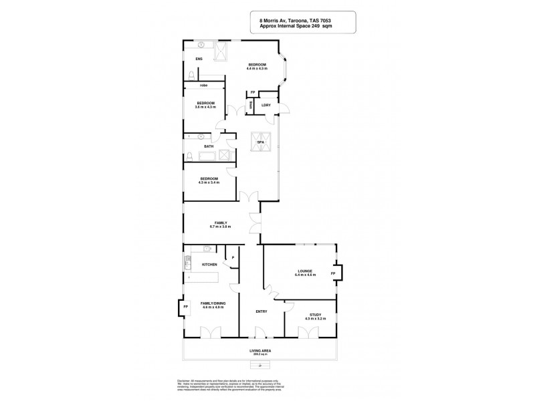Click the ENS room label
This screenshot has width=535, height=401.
(x=198, y=59)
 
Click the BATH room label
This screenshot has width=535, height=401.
(x=208, y=147)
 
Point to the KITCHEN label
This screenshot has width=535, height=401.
(x=210, y=265)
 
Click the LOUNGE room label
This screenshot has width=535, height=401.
(x=304, y=271)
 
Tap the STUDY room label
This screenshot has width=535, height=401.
(x=314, y=315)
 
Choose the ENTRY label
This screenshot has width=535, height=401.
(x=261, y=311)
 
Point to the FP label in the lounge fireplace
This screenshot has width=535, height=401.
(x=332, y=274)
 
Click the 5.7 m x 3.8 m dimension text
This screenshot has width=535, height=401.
(x=221, y=227)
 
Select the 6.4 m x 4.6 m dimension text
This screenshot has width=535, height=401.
(x=304, y=275)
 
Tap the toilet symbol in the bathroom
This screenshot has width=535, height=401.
(x=189, y=158)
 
